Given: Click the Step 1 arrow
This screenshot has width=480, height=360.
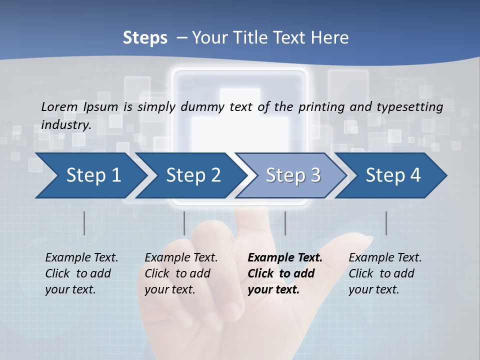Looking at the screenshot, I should [x=90, y=175].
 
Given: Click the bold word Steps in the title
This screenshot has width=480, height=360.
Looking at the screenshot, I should [x=145, y=37].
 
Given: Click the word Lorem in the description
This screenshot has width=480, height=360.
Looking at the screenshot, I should [x=59, y=106].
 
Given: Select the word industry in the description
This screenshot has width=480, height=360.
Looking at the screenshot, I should [x=66, y=124].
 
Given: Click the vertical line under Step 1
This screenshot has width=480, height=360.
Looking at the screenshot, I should [x=84, y=223].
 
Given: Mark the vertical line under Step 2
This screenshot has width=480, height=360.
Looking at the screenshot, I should [x=184, y=223].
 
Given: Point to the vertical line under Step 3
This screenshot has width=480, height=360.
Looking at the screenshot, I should [x=285, y=223].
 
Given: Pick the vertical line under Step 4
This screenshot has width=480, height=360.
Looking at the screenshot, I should [x=386, y=223].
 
